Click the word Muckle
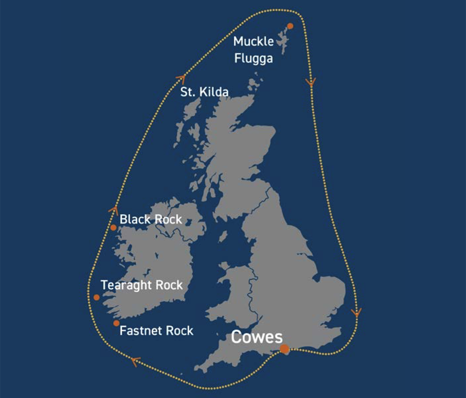tap(253, 41)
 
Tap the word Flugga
tap(253, 59)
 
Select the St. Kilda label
tap(204, 92)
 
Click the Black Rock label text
tap(151, 219)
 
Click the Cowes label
tap(257, 337)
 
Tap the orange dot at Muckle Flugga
tap(290, 26)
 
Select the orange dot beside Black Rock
tap(113, 227)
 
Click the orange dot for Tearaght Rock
tap(97, 297)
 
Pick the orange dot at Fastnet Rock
tap(116, 323)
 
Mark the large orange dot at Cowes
tap(285, 349)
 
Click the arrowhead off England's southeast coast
tap(356, 312)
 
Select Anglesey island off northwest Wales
tap(224, 267)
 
